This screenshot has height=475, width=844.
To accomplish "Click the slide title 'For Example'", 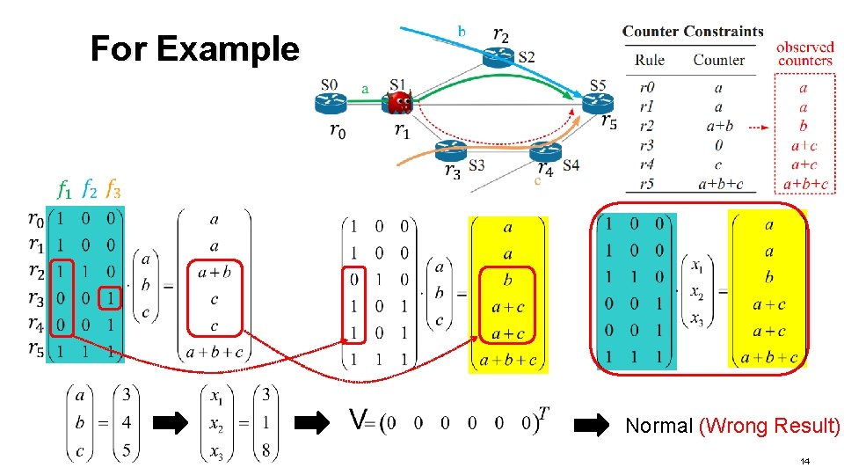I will click(x=194, y=48).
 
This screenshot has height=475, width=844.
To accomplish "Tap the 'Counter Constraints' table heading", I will click(x=693, y=32).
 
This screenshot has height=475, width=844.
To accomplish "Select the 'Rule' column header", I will click(x=650, y=60).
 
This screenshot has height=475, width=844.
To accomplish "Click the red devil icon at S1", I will click(x=400, y=102).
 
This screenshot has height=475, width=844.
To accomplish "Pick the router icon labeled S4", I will click(x=545, y=151).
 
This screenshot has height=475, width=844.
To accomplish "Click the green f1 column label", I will click(x=64, y=189).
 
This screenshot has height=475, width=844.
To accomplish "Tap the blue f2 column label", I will click(x=89, y=189).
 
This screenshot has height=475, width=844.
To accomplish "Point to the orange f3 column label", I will click(x=113, y=189).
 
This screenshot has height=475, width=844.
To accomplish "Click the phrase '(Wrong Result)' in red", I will click(x=768, y=427).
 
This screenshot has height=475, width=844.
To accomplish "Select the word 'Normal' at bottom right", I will click(x=658, y=427).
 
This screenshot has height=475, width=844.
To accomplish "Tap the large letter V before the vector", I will click(x=357, y=420).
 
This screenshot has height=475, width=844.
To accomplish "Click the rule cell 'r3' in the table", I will click(x=646, y=144).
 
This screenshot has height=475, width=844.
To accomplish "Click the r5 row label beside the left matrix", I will click(x=36, y=351).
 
